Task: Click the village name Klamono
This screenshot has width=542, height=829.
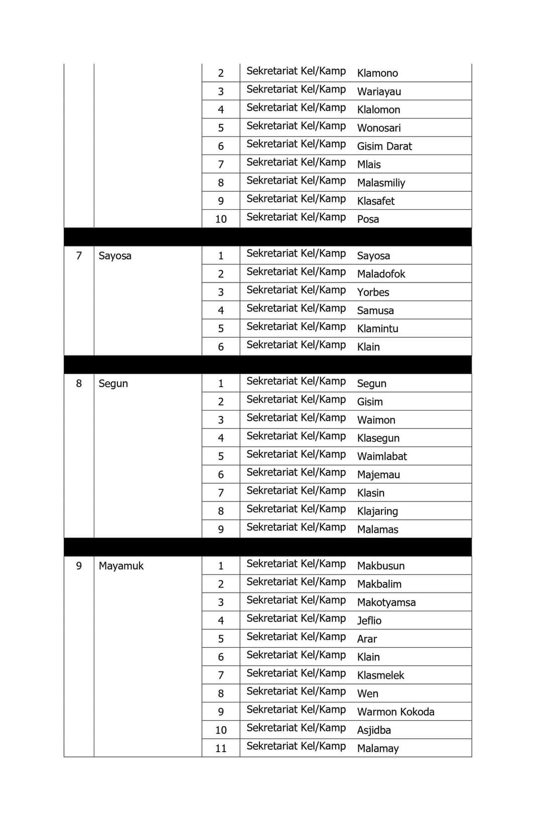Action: coord(377,73)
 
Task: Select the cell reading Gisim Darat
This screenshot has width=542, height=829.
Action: coord(384,147)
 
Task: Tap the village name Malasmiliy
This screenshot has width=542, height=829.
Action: coord(381,183)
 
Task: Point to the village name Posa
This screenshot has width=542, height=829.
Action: coord(368,219)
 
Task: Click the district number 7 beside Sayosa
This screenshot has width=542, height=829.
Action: coord(79,256)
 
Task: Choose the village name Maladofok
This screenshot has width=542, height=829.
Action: coord(381,274)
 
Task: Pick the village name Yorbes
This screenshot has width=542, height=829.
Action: coord(373,292)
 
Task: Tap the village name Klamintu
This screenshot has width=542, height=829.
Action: coord(377,329)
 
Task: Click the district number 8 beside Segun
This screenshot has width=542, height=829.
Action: coord(79,383)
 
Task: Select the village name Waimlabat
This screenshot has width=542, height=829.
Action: coord(382,457)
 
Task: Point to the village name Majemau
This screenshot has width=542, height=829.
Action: coord(378,475)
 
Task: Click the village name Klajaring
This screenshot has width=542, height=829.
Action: coord(377,511)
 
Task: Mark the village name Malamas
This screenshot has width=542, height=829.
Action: coord(377,529)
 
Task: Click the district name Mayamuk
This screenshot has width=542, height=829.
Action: coord(121,566)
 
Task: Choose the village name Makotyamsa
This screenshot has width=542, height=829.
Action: coord(386,602)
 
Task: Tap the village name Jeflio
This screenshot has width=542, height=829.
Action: coord(369,621)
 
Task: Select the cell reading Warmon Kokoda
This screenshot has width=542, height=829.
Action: coord(395,712)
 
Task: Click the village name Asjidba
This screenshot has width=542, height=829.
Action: coord(374,730)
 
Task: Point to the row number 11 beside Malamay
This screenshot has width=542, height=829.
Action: coord(221,749)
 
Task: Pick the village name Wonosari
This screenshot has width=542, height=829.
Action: coord(379,128)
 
